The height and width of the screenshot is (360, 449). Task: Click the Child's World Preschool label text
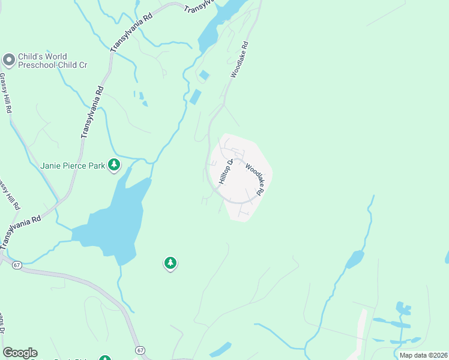(53, 61)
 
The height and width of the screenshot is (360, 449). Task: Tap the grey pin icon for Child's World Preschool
(8, 60)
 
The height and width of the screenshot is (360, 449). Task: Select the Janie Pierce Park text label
(73, 166)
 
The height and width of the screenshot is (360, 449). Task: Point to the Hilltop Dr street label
(224, 172)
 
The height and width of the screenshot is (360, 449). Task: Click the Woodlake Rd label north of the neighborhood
(239, 60)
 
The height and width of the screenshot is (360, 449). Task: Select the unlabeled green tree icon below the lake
(170, 263)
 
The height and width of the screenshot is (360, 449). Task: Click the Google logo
(20, 353)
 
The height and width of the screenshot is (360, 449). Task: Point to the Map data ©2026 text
(423, 355)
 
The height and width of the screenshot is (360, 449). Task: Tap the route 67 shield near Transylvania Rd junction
(16, 264)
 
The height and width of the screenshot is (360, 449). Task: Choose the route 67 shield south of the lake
(140, 350)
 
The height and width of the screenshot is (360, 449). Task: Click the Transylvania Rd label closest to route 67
(20, 230)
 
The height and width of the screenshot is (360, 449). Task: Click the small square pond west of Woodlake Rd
(204, 76)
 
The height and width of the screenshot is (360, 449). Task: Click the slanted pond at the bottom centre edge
(220, 349)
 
